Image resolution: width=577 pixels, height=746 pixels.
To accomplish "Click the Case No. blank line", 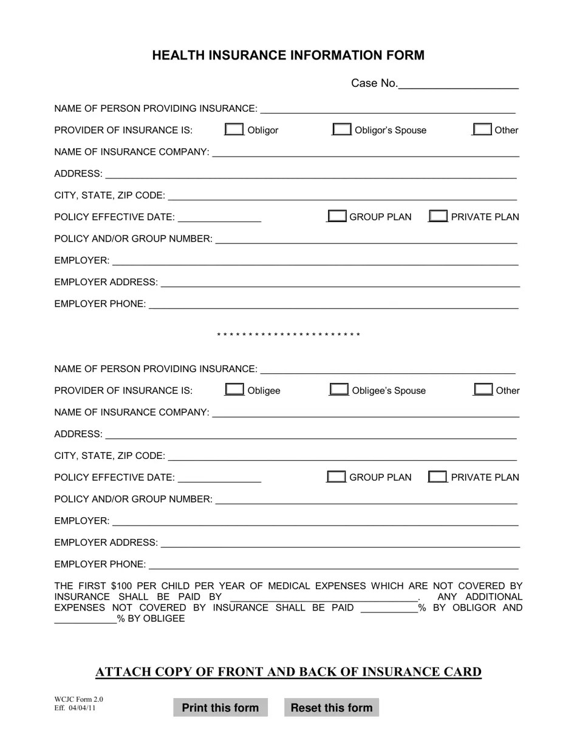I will pos(458,85).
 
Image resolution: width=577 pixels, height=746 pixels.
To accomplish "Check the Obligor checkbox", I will pos(234,129).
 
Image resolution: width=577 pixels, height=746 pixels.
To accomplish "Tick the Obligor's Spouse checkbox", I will pos(341,129).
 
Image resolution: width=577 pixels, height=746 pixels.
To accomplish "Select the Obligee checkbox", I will pos(234,390).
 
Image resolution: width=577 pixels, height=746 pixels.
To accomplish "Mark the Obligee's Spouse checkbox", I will pos(339,390).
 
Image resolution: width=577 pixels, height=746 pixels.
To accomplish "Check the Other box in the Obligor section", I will pos(482,129).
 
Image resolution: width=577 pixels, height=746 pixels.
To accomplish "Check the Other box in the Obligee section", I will pos(483,390).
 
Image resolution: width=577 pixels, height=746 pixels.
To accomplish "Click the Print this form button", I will pos(220,708).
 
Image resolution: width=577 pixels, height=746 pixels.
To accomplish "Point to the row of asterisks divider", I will pos(288,335).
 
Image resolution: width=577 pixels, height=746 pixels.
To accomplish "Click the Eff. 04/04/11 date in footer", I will pos(75,708).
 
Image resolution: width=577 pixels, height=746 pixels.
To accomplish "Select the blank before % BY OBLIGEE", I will pos(85,619).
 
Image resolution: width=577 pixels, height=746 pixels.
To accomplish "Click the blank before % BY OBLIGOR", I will pos(389,608).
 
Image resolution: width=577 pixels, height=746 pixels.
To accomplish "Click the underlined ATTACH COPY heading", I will pos(288,672).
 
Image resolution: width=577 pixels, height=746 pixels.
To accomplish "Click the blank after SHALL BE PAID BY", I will pos(324,597).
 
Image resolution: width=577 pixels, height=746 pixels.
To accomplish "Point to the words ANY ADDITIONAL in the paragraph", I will pos(479,597).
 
